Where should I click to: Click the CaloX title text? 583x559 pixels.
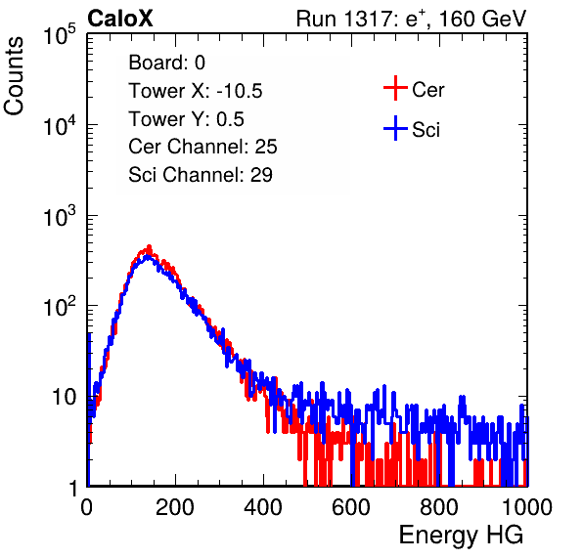click(x=120, y=19)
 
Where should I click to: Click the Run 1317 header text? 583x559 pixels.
click(x=411, y=19)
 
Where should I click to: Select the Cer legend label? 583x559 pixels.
click(x=427, y=90)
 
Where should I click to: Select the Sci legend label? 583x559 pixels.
click(x=426, y=130)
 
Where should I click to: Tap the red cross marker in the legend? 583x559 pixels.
click(x=395, y=88)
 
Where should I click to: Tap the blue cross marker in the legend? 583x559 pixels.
click(x=395, y=128)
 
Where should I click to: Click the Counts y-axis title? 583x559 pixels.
click(x=14, y=76)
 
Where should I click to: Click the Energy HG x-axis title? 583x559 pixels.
click(x=461, y=535)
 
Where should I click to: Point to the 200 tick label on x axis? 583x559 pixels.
click(x=174, y=507)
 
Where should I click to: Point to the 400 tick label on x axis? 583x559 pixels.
click(x=263, y=507)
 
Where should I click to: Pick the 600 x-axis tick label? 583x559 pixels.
click(x=351, y=507)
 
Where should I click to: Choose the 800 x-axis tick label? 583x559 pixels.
click(x=439, y=507)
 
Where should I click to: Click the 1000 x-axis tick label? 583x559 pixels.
click(x=527, y=507)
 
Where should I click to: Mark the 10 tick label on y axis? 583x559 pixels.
click(x=65, y=397)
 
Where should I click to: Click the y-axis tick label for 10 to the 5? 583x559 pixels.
click(x=59, y=34)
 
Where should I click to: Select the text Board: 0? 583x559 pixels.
click(x=166, y=63)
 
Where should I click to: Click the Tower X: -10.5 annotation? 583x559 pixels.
click(x=196, y=91)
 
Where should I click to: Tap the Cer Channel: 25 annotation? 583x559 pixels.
click(x=202, y=147)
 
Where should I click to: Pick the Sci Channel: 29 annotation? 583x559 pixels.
click(x=201, y=175)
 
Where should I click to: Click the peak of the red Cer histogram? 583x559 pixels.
click(x=149, y=246)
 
